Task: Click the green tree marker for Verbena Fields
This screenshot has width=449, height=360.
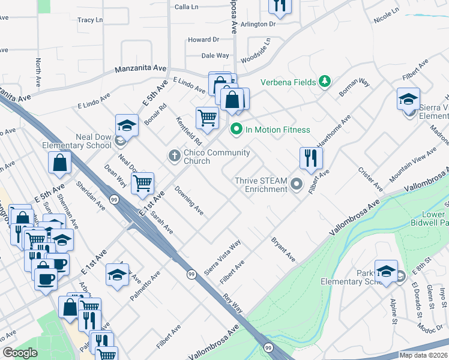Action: tap(325, 81)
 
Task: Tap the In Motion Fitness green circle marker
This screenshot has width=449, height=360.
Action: tap(236, 129)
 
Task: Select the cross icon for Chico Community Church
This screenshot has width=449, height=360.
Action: tap(175, 156)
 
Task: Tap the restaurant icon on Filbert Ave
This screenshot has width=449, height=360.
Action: tap(311, 159)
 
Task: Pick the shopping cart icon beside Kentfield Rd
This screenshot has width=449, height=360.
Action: tap(207, 118)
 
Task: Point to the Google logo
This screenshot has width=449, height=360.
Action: tap(20, 353)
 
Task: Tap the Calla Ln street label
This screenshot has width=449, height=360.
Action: tap(186, 7)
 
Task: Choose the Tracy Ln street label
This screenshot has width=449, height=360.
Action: tap(90, 20)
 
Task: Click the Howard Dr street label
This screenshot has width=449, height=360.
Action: tap(203, 40)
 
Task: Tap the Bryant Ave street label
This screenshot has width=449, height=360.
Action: tap(283, 250)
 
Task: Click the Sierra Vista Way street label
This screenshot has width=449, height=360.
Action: tap(223, 257)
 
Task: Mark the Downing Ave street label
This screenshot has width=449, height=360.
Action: tap(189, 201)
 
